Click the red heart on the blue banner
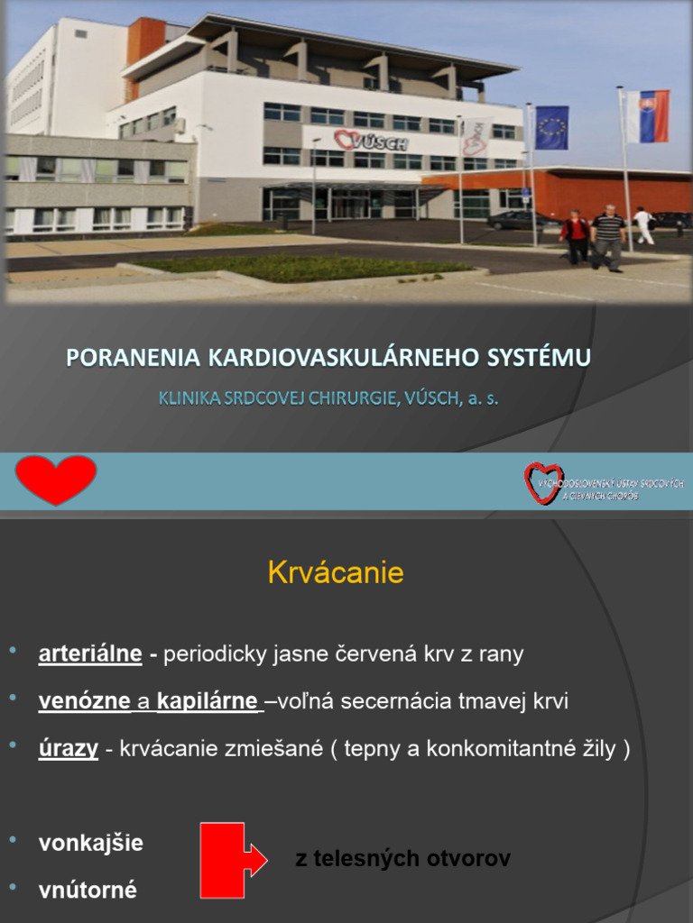56,480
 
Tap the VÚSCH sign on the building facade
371,142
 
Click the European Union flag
550,127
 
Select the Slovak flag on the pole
648,116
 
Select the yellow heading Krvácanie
336,573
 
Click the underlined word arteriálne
90,654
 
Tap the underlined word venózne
84,701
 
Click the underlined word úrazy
69,748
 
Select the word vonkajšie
90,844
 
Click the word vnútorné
88,891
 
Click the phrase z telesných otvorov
402,859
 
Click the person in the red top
574,236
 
